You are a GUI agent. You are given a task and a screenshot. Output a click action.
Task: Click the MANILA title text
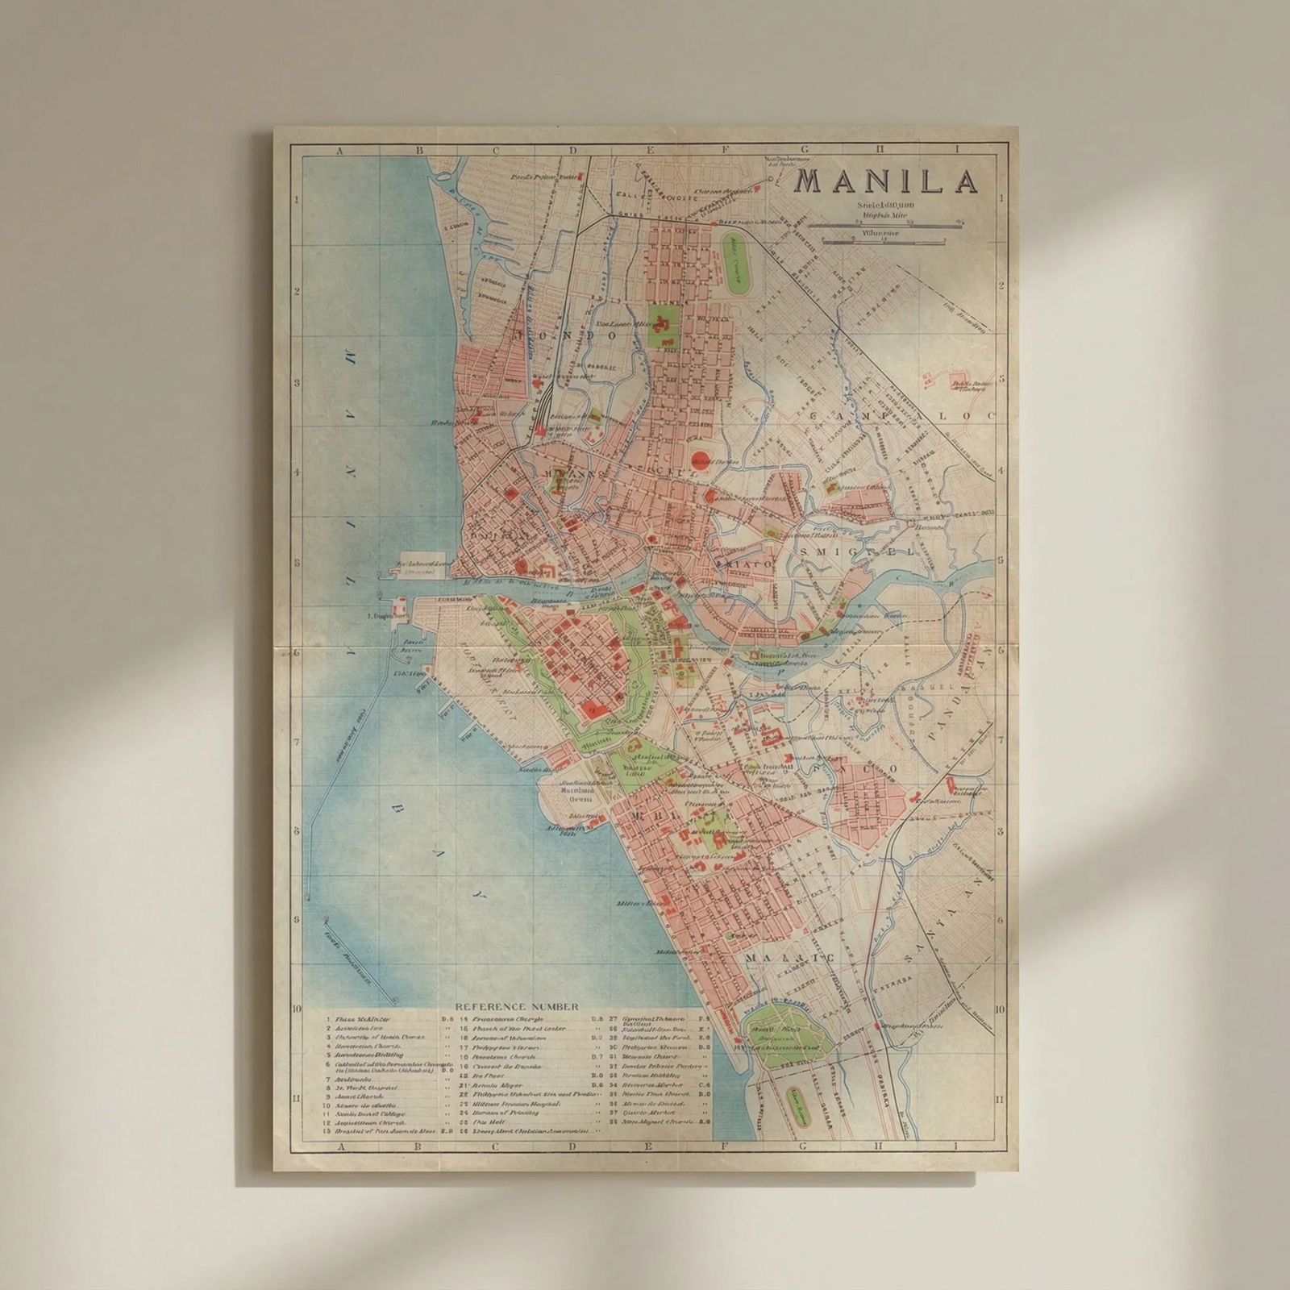coord(887,181)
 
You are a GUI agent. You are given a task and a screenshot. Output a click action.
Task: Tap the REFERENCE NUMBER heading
coord(517,1007)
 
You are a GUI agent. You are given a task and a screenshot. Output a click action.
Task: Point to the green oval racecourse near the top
coord(734,259)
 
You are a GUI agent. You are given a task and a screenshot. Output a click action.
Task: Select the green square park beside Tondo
coord(664,324)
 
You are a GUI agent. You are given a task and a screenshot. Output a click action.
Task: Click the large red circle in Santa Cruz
coord(701,450)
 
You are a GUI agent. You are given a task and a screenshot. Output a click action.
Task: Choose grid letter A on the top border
coord(340,150)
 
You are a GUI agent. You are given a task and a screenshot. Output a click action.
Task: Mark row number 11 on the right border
coord(1000,1098)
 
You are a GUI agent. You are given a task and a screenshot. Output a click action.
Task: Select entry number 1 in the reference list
coord(329,1019)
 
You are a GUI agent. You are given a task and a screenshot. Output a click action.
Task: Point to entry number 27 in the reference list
coord(613,1019)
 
